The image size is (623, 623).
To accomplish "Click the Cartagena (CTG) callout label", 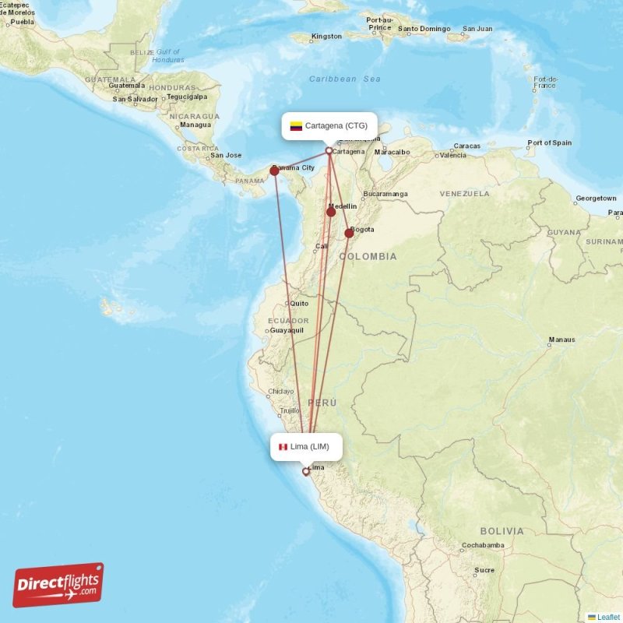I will (329, 125).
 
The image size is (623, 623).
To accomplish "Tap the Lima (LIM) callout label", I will (306, 446).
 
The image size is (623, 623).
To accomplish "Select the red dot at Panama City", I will (274, 171).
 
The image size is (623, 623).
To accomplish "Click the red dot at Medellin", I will (331, 212).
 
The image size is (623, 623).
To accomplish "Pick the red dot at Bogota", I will (349, 233).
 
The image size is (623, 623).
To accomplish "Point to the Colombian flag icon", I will (296, 125).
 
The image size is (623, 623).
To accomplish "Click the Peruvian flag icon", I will (283, 447).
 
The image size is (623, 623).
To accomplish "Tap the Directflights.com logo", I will (58, 585).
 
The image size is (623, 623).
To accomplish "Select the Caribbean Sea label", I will (344, 79).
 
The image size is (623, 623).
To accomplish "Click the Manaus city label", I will (561, 340).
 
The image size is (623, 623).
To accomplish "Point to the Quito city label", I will (299, 303).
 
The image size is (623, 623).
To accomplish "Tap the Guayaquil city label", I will (287, 330).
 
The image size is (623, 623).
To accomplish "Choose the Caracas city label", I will (467, 146).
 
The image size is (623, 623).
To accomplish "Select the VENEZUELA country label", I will (464, 193).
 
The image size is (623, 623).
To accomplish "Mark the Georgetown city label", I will (596, 199).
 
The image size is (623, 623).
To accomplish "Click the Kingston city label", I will (326, 37).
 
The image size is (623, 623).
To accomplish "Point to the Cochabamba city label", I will (484, 545).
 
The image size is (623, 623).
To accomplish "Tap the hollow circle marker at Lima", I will (306, 471).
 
